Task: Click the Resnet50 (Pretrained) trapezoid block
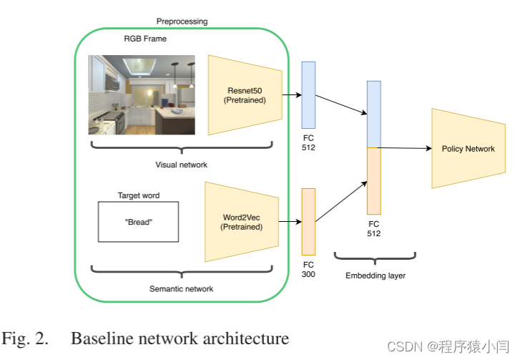(x=242, y=94)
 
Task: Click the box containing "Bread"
(x=138, y=222)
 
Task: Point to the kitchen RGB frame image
(x=142, y=94)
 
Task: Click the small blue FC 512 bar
(x=308, y=93)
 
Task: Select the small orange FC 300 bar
(x=308, y=221)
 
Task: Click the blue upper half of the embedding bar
(x=374, y=114)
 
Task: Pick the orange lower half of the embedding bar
(x=374, y=180)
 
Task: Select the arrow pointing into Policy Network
(x=405, y=148)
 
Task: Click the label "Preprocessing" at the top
(x=182, y=21)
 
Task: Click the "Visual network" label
(x=182, y=165)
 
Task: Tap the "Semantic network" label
(x=181, y=289)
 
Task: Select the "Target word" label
(x=138, y=195)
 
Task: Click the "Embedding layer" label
(x=375, y=276)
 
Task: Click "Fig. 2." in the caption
(x=26, y=338)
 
